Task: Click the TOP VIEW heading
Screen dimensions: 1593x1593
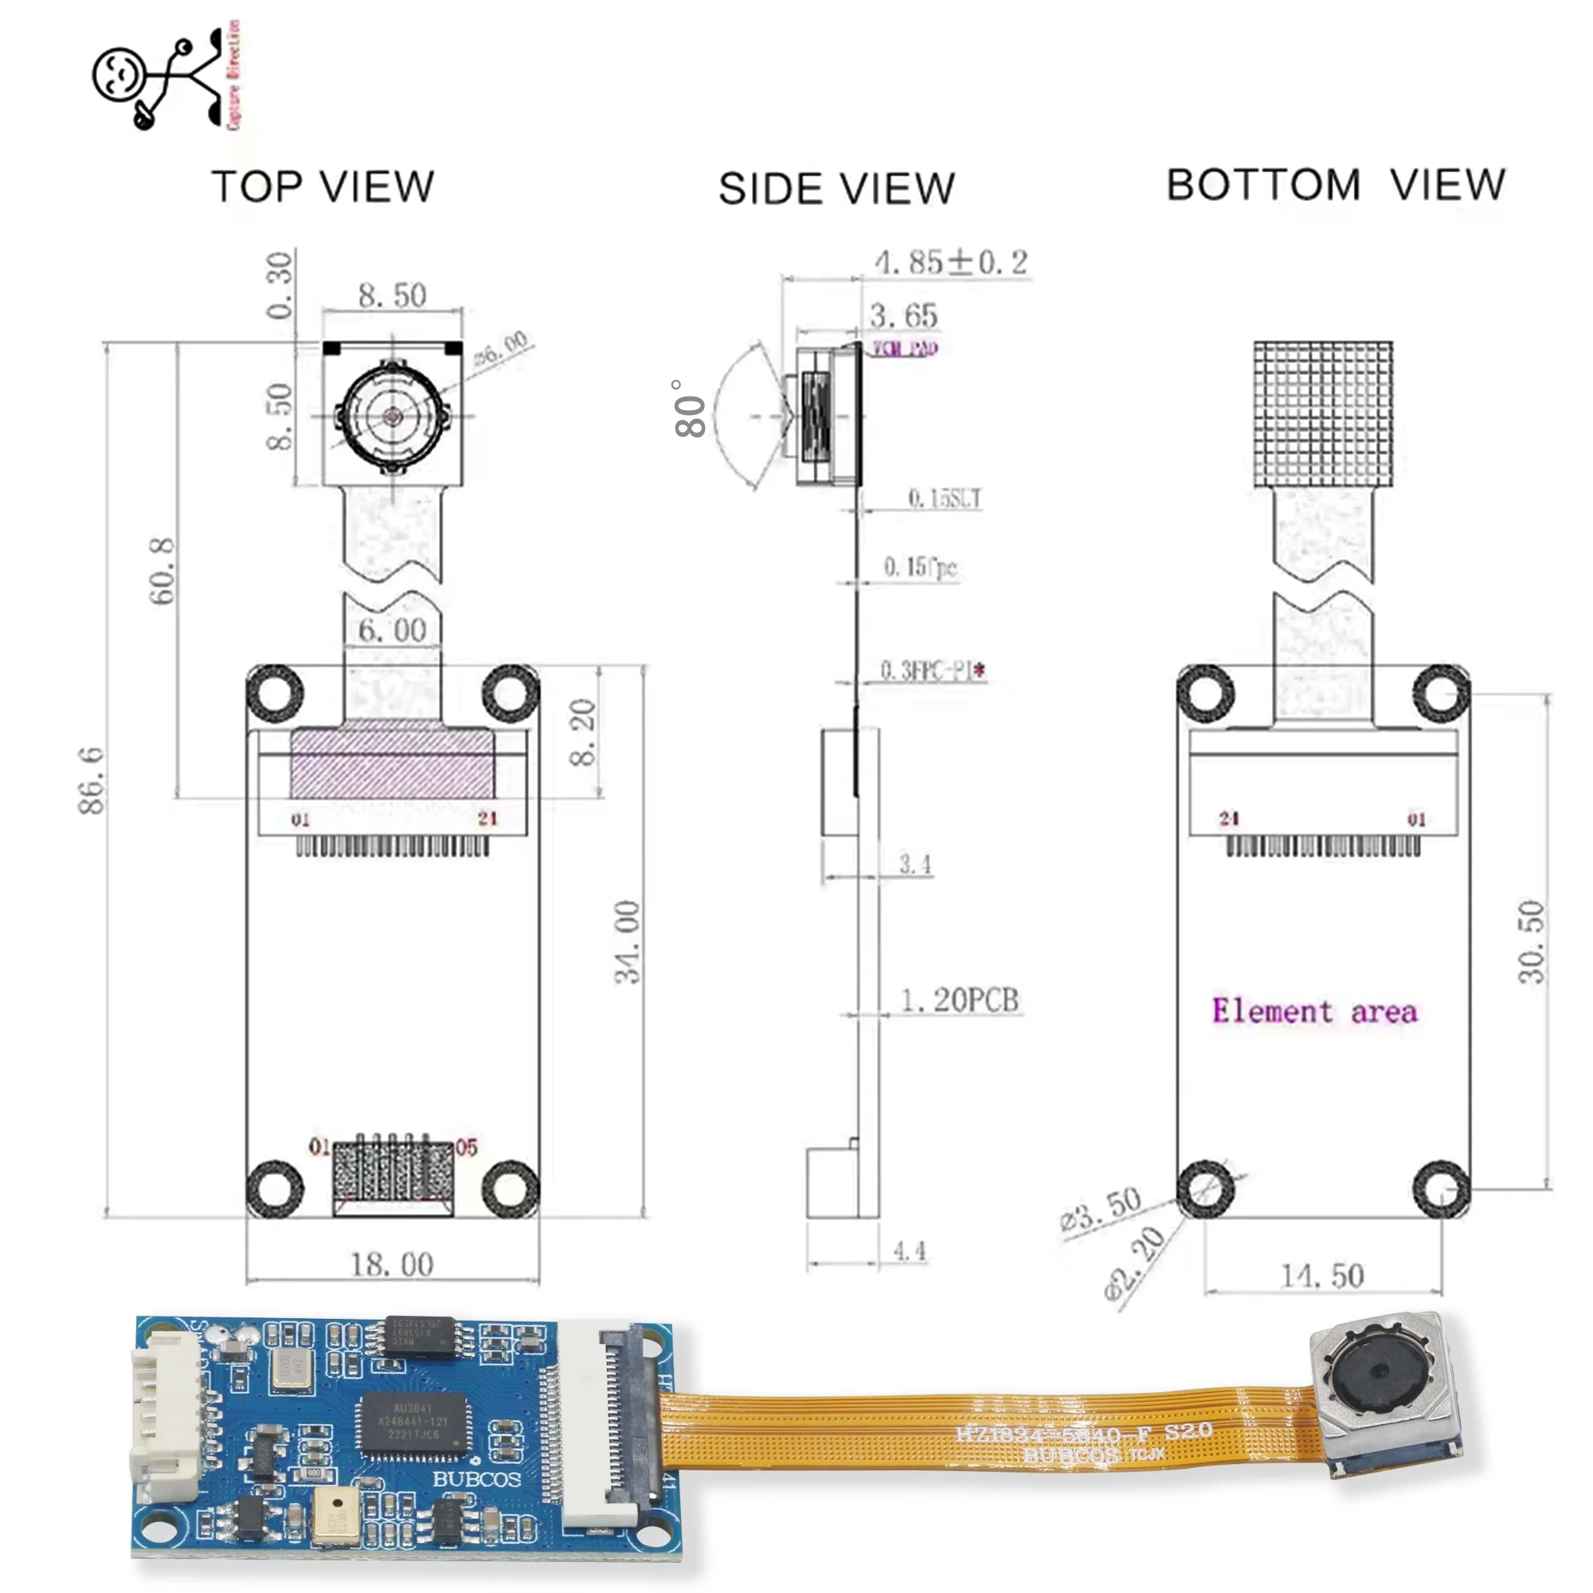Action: pyautogui.click(x=323, y=186)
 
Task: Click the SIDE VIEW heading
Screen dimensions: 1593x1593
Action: pyautogui.click(x=836, y=189)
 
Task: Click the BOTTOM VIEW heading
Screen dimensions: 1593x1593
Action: pyautogui.click(x=1336, y=185)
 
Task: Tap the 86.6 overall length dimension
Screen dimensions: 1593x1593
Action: pyautogui.click(x=92, y=780)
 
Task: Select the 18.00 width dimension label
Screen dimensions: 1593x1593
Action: pyautogui.click(x=392, y=1264)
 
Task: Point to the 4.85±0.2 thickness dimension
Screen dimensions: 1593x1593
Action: pyautogui.click(x=951, y=263)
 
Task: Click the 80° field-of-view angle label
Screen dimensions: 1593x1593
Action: pyautogui.click(x=688, y=409)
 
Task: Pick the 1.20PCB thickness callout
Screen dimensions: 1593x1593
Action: pyautogui.click(x=959, y=1000)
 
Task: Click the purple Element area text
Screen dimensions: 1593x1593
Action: pyautogui.click(x=1314, y=1011)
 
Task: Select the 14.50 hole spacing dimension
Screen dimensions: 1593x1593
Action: pyautogui.click(x=1321, y=1275)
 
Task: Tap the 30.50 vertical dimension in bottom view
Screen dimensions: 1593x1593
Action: pyautogui.click(x=1530, y=941)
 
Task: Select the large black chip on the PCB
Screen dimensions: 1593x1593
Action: pyautogui.click(x=413, y=1423)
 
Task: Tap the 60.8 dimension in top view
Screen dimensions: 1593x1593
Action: pyautogui.click(x=162, y=570)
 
